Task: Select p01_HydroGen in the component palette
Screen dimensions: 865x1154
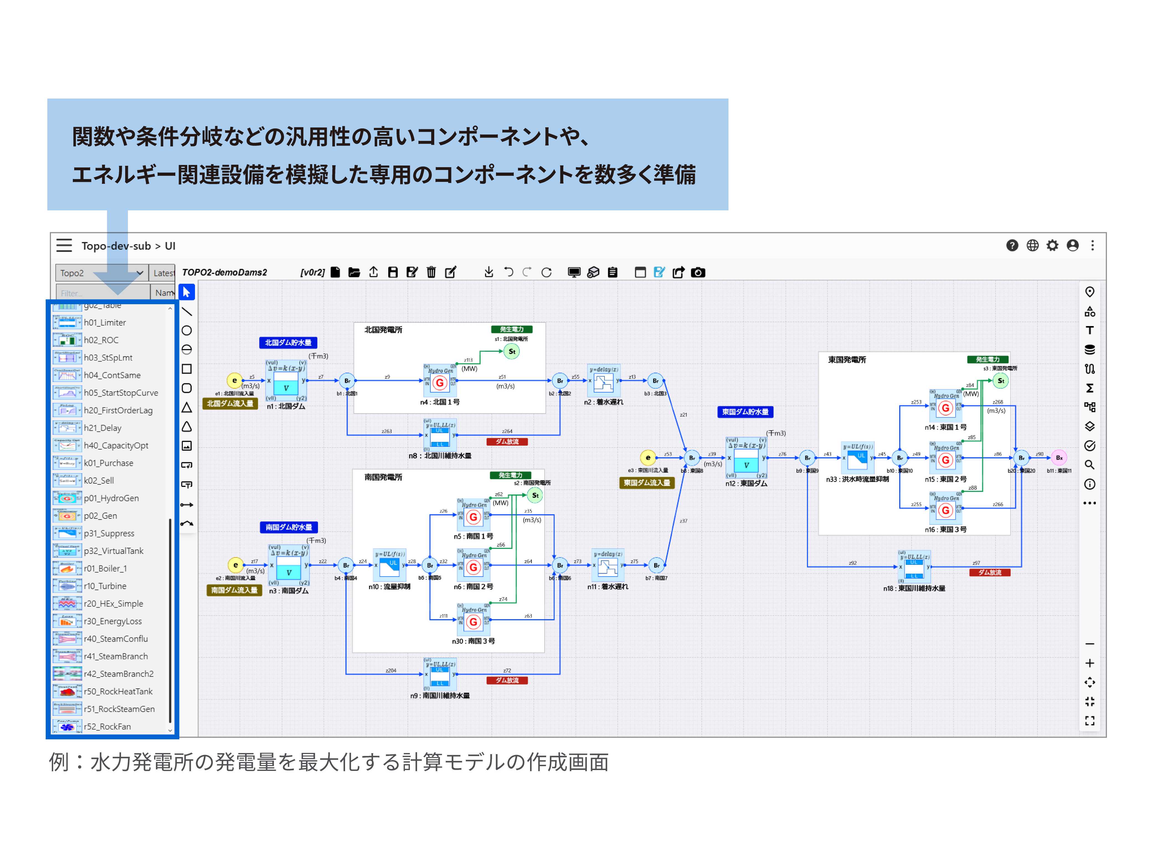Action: tap(111, 498)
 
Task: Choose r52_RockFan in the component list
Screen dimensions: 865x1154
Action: tap(107, 726)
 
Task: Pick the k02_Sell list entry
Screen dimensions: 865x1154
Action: tap(99, 480)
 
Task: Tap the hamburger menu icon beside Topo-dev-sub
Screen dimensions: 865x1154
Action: tap(64, 246)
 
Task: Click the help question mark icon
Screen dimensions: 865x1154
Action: tap(1012, 246)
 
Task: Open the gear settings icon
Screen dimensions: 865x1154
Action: tap(1052, 246)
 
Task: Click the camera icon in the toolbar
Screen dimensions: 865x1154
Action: tap(698, 272)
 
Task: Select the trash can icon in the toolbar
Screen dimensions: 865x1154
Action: tap(431, 272)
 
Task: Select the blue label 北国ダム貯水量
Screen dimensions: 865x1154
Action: tap(288, 343)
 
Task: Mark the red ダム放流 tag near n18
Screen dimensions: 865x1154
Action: tap(989, 572)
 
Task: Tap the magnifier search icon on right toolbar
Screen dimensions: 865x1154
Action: tap(1089, 464)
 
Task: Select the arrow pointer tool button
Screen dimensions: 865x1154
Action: tap(187, 292)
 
